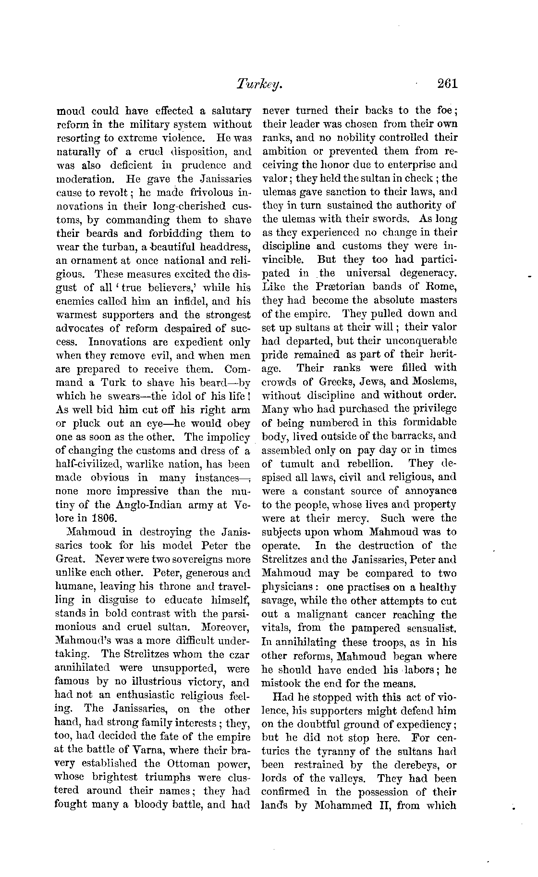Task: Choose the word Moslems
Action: coord(435,382)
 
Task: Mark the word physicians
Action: coord(287,588)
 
